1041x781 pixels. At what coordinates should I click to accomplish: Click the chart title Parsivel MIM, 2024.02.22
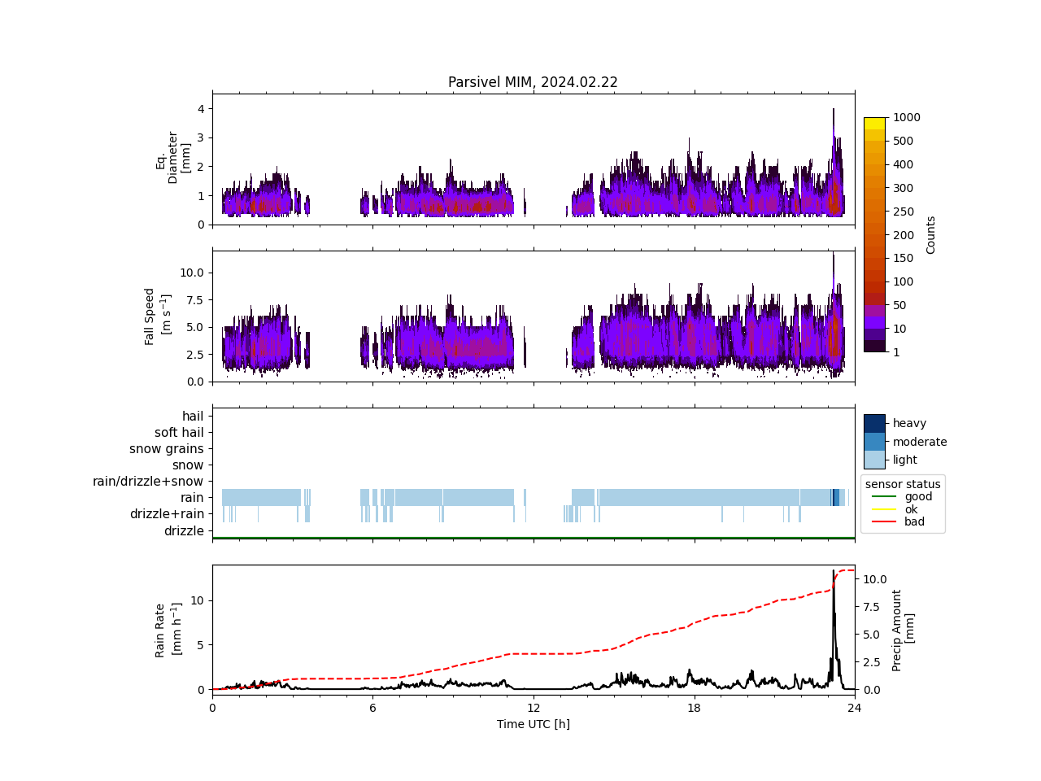click(x=533, y=82)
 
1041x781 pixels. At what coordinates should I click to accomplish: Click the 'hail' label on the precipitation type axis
click(x=193, y=417)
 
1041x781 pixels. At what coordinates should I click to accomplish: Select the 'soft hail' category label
click(x=179, y=433)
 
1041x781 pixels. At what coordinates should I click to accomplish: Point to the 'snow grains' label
click(x=167, y=449)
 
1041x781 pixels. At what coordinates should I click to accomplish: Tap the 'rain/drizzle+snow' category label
click(x=148, y=482)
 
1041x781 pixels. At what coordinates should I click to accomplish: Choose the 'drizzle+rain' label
click(x=167, y=514)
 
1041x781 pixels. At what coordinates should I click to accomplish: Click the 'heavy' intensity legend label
click(x=909, y=423)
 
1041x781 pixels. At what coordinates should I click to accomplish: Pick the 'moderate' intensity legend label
click(x=920, y=442)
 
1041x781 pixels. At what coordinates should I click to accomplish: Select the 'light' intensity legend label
click(x=905, y=460)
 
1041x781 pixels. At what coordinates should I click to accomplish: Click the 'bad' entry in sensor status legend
click(x=914, y=521)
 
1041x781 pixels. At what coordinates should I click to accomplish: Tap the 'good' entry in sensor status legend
click(x=918, y=496)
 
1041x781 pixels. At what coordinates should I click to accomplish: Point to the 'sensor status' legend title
click(x=903, y=484)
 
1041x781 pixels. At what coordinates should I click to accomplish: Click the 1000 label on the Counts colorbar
click(x=906, y=117)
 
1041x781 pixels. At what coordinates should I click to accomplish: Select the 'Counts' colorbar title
click(x=931, y=234)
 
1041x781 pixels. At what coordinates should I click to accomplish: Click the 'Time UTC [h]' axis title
click(x=533, y=724)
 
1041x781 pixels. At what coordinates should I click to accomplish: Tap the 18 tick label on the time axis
click(x=694, y=708)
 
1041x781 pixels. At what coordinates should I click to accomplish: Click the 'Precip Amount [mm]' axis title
click(x=903, y=630)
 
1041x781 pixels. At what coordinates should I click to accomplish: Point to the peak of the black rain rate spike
click(x=834, y=571)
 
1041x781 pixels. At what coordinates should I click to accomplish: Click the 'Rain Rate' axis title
click(x=167, y=630)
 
